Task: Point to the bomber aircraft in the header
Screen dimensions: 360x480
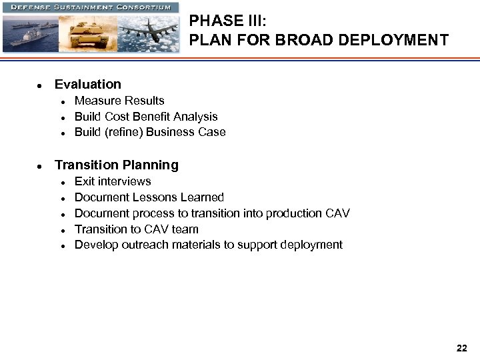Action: pyautogui.click(x=149, y=29)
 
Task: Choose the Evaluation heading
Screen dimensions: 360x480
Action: pyautogui.click(x=88, y=85)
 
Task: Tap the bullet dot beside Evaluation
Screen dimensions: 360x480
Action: pyautogui.click(x=41, y=85)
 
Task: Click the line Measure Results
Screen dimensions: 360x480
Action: pyautogui.click(x=119, y=101)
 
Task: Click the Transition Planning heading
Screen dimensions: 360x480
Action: pyautogui.click(x=117, y=165)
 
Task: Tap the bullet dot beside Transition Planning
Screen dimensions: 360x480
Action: pyautogui.click(x=41, y=166)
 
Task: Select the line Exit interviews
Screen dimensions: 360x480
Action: pyautogui.click(x=113, y=181)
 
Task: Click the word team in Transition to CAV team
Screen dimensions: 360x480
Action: pyautogui.click(x=185, y=229)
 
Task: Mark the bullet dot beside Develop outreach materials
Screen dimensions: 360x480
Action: pyautogui.click(x=61, y=246)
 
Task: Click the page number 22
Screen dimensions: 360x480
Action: pyautogui.click(x=462, y=348)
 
